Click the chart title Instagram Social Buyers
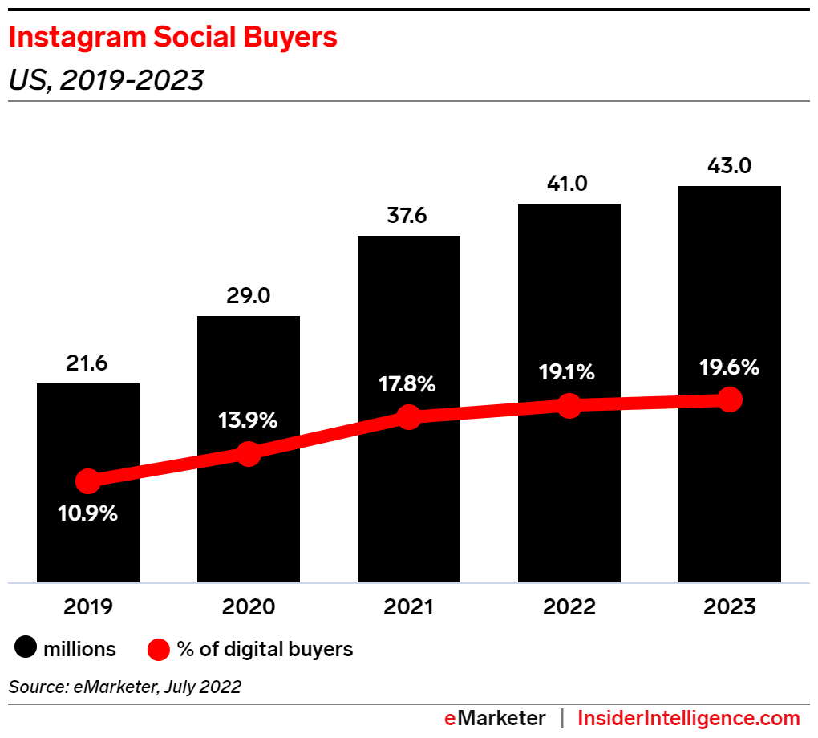pyautogui.click(x=172, y=37)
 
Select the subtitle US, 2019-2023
pyautogui.click(x=106, y=80)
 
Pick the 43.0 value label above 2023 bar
pyautogui.click(x=729, y=167)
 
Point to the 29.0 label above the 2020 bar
pyautogui.click(x=248, y=296)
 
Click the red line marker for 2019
pyautogui.click(x=88, y=481)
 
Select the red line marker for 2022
pyautogui.click(x=569, y=405)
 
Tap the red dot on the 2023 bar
pyautogui.click(x=729, y=399)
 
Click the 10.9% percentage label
pyautogui.click(x=88, y=513)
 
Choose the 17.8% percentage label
pyautogui.click(x=408, y=384)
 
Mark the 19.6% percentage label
pyautogui.click(x=729, y=367)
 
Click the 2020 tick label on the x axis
pyautogui.click(x=248, y=606)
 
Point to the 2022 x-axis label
pyautogui.click(x=569, y=606)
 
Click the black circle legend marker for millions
pyautogui.click(x=26, y=649)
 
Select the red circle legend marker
pyautogui.click(x=158, y=649)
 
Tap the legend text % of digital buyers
pyautogui.click(x=265, y=649)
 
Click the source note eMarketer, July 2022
pyautogui.click(x=125, y=687)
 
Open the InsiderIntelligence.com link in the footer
pyautogui.click(x=689, y=718)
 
